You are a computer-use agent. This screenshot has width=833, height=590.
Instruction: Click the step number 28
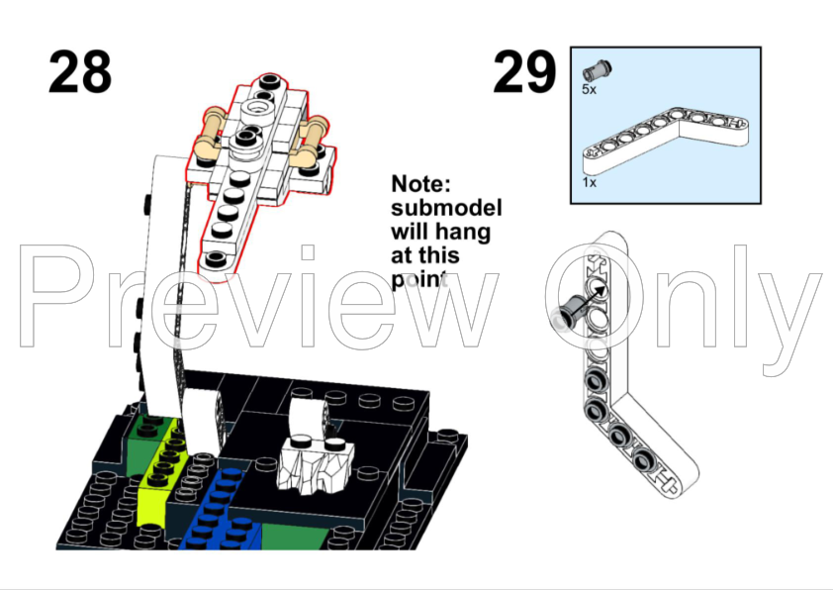pos(80,72)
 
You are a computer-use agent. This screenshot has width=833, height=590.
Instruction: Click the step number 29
pos(524,72)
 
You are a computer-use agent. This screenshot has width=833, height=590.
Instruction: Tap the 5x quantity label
pos(589,89)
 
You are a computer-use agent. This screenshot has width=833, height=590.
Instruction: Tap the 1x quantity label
pos(589,183)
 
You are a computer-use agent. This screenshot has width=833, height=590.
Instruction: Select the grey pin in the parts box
pos(598,70)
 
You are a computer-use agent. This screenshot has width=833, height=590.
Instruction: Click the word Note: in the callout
pos(420,184)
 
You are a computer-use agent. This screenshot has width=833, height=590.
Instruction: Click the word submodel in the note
pos(446,209)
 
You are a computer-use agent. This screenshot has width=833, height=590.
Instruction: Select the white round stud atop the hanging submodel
pos(256,109)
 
